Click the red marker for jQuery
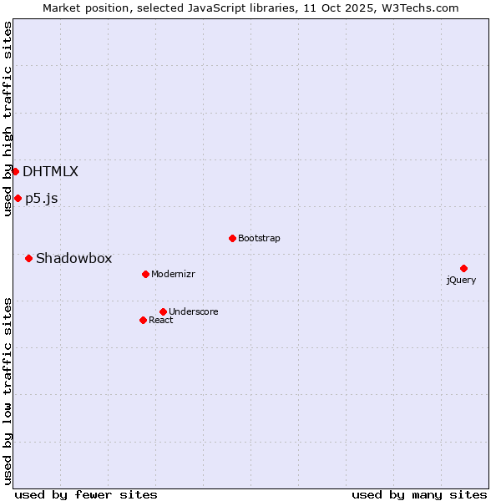coord(463,268)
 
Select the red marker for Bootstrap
coord(232,238)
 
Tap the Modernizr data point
coord(145,274)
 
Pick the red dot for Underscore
coord(163,311)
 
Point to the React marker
coord(143,320)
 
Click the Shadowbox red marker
coord(28,258)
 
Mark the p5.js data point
coord(18,198)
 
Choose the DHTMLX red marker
coord(15,171)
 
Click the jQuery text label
coord(461,280)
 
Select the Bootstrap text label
coord(259,239)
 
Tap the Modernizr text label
coord(173,274)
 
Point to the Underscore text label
coord(193,312)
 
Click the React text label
coord(160,321)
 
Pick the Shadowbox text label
coord(73,259)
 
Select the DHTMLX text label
coord(50,172)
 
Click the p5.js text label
coord(41,199)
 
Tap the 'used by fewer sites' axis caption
coord(86,494)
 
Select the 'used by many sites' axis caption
coord(419,494)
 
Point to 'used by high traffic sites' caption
coord(8,119)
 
